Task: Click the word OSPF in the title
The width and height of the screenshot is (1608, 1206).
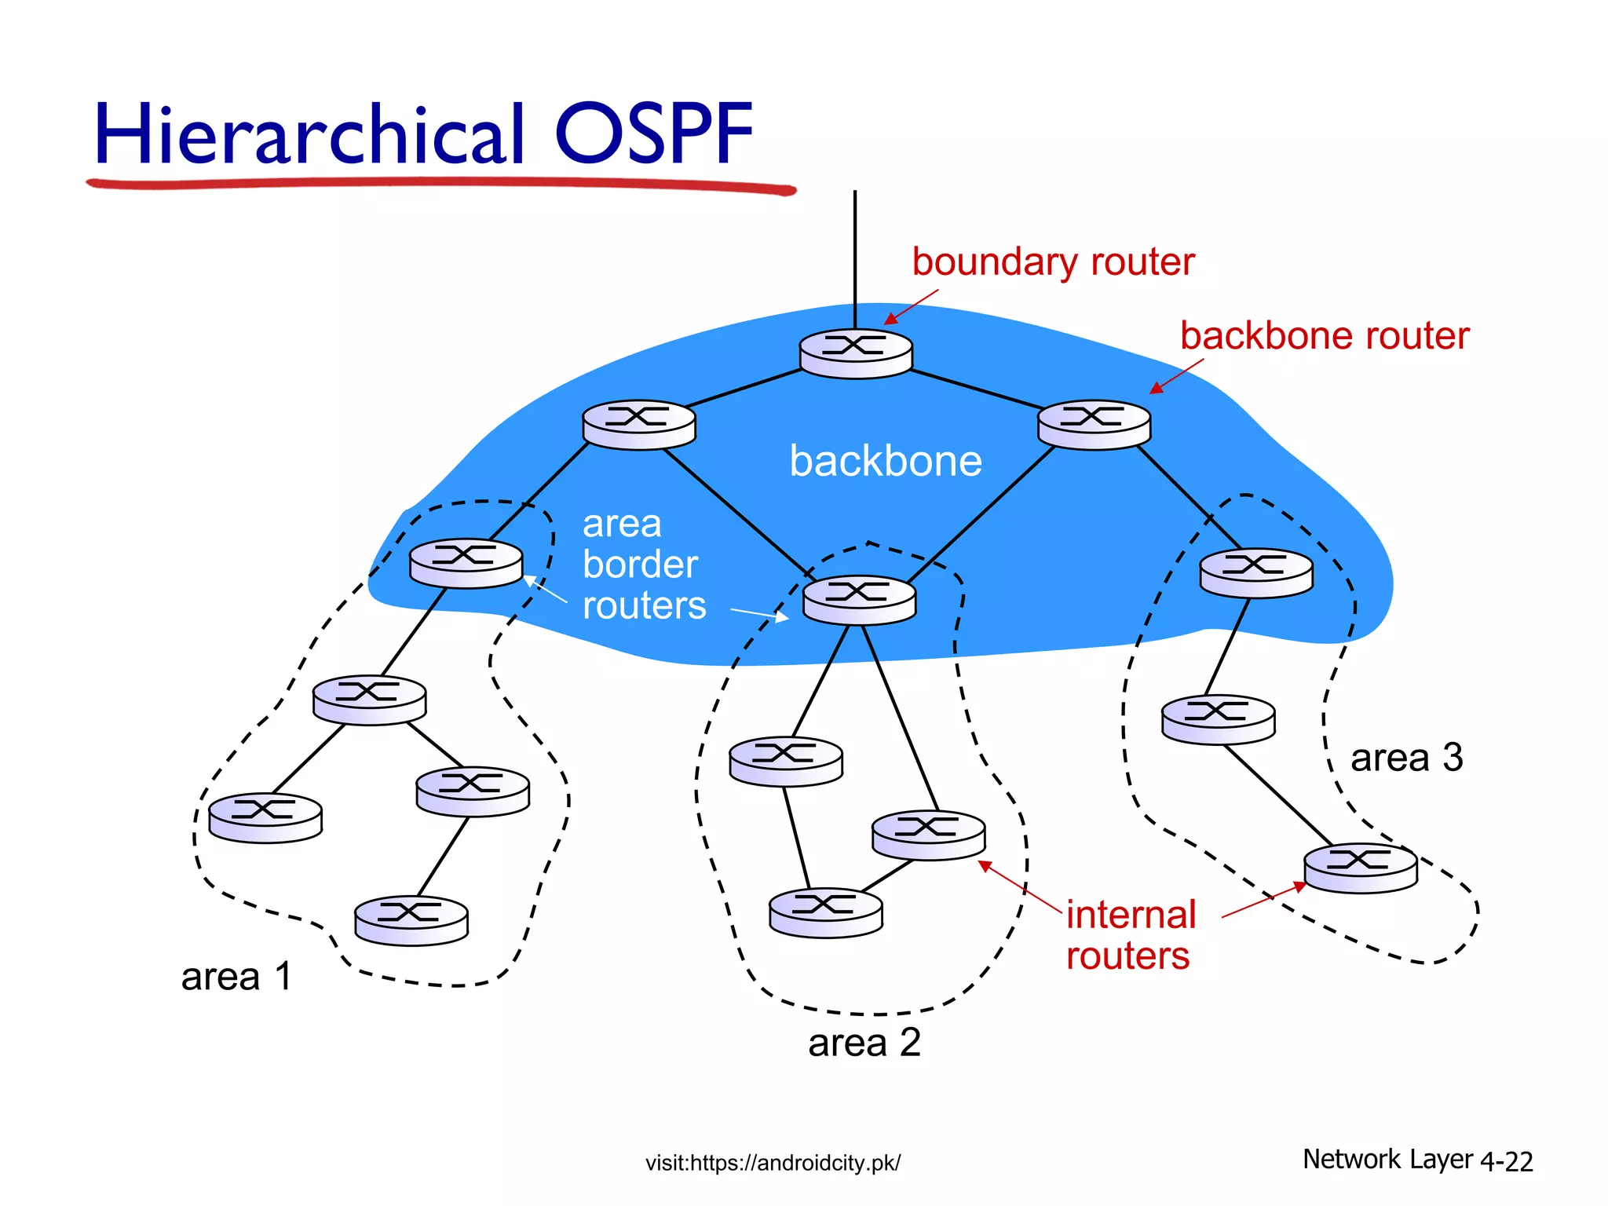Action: pos(653,134)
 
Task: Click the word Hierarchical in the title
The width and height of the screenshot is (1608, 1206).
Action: pos(309,134)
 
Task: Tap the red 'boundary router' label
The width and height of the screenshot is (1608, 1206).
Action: pos(1052,262)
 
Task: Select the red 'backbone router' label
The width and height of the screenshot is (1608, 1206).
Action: pos(1324,336)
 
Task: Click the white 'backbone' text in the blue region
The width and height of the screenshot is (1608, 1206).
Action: pos(885,461)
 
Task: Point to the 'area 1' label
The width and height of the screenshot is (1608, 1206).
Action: pos(236,978)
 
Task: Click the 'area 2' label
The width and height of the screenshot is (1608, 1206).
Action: pos(864,1043)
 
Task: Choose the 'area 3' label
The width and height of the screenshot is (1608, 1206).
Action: pos(1405,758)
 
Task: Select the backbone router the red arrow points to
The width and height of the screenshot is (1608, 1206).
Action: pos(1094,425)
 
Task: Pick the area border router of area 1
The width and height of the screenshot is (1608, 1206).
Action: pos(466,563)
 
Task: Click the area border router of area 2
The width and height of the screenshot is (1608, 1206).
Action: pos(859,600)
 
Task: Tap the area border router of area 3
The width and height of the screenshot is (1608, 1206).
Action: pos(1255,572)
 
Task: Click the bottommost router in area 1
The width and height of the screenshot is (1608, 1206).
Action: pos(411,920)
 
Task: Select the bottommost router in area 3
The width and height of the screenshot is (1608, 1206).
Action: pos(1360,868)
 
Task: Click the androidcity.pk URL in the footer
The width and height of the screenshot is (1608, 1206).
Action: pos(773,1163)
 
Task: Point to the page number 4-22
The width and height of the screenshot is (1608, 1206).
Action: pos(1506,1161)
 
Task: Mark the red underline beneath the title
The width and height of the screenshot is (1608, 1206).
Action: pos(440,185)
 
